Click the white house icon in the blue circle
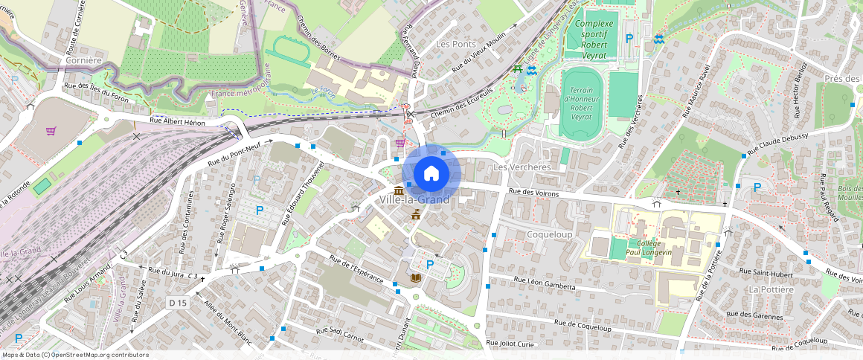431,173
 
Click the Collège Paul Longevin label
644,248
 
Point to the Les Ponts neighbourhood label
455,45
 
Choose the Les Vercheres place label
522,167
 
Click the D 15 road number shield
177,303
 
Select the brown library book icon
415,278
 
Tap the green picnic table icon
517,69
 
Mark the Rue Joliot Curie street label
510,343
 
